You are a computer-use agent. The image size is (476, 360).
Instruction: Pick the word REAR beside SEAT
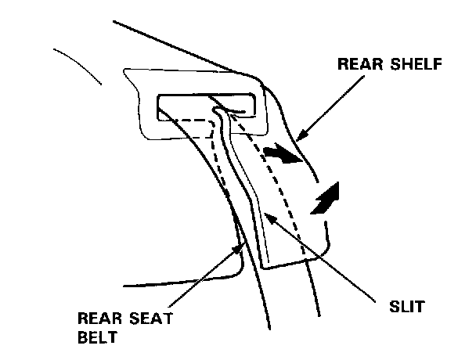[99, 319]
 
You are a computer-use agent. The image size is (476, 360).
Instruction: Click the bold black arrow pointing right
[282, 154]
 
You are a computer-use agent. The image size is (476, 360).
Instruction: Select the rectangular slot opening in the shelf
[188, 103]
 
